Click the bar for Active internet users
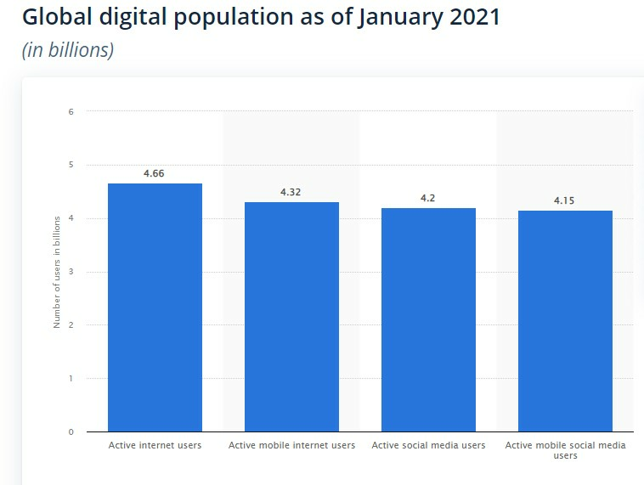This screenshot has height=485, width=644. click(155, 307)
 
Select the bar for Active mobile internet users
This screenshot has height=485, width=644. click(291, 317)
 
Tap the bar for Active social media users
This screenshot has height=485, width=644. click(428, 319)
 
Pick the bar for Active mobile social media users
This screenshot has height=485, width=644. click(565, 321)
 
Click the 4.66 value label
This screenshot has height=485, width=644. click(155, 173)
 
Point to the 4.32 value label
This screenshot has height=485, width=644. click(291, 192)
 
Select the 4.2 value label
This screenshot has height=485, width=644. click(428, 198)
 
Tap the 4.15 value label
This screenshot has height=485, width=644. click(565, 200)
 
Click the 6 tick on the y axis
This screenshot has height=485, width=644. click(71, 111)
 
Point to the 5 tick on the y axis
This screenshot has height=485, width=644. click(71, 165)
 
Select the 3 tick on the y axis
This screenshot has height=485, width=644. click(71, 272)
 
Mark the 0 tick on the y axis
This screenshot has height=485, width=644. click(71, 431)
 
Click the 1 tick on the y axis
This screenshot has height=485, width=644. click(71, 379)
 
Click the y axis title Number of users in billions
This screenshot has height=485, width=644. click(57, 272)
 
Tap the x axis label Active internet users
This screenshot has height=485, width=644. click(155, 445)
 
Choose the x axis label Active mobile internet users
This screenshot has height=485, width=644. click(291, 445)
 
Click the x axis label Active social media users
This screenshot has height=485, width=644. click(428, 445)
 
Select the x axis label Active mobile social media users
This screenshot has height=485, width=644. click(565, 450)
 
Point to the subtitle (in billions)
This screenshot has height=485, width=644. click(68, 50)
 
